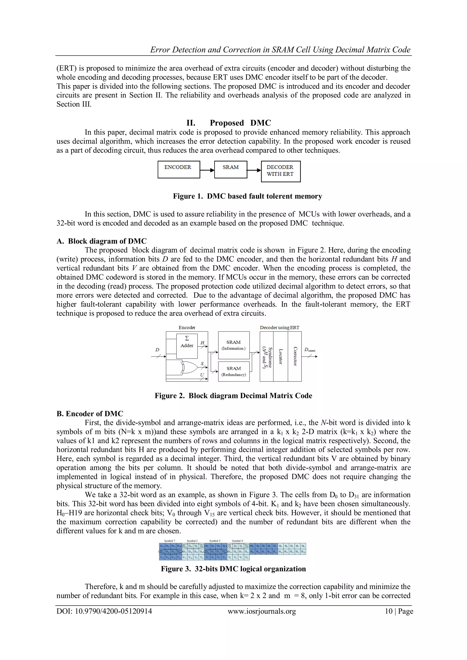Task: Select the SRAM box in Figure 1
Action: [x=231, y=170]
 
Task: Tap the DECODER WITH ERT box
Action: [x=280, y=171]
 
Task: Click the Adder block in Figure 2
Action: [x=187, y=346]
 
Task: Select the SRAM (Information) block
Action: [x=233, y=345]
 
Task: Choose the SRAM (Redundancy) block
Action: [x=233, y=371]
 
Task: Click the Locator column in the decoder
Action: [x=280, y=357]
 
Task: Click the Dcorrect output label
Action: [x=310, y=350]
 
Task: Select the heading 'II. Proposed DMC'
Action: [x=229, y=123]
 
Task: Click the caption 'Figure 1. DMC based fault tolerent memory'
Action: [x=247, y=196]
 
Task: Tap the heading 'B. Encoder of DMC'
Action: [x=90, y=414]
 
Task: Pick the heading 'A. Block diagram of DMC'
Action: [x=101, y=241]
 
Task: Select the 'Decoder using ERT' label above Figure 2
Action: [x=280, y=327]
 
